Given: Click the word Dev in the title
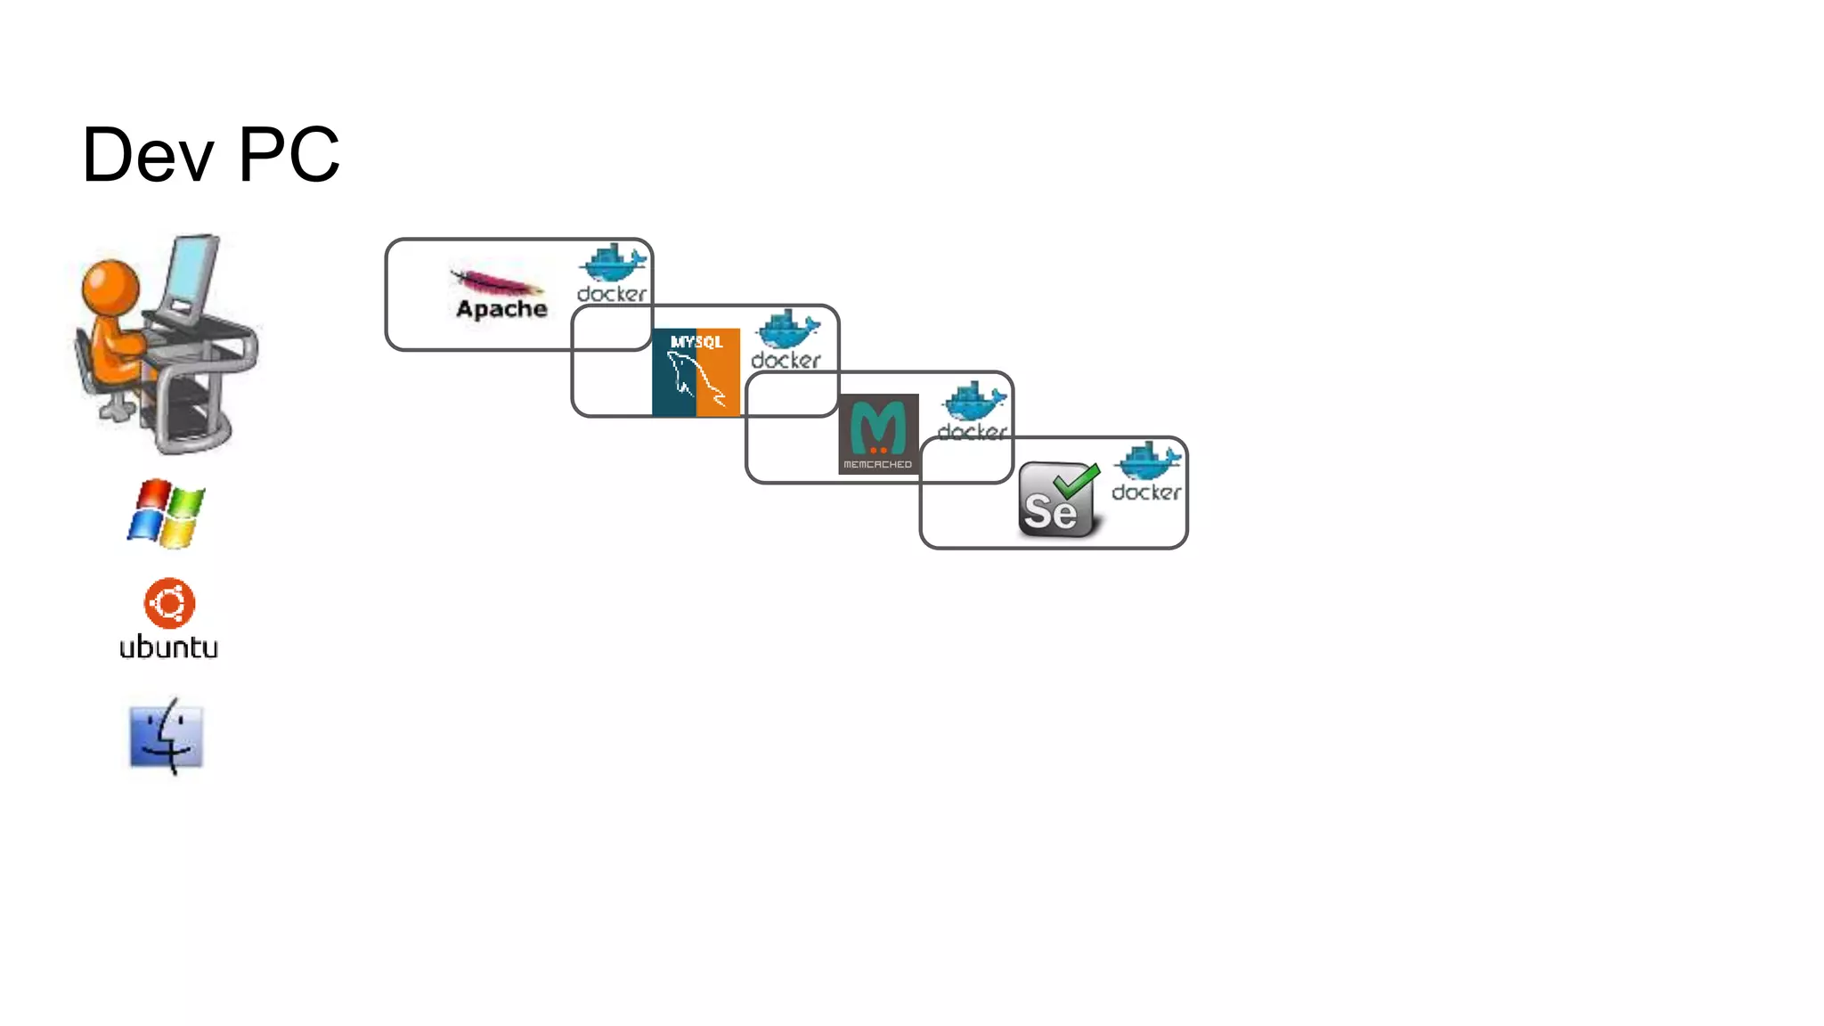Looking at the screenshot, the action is (148, 155).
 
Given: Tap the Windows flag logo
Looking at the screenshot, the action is (166, 513).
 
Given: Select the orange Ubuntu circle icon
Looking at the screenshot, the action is (169, 603).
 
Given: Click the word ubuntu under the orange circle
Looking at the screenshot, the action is (168, 647).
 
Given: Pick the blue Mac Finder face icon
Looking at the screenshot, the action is (167, 737).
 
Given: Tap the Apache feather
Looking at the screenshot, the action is (496, 283).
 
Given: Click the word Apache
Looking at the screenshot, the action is (501, 309).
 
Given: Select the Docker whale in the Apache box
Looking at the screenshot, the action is (613, 263).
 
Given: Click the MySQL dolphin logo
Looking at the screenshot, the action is (696, 372).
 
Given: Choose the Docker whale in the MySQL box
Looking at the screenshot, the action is (787, 330).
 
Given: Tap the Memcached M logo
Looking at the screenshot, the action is (878, 434).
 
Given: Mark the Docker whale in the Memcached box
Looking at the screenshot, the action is (974, 402).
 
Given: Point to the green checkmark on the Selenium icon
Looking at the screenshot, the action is (1077, 482).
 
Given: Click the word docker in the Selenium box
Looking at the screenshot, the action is (1146, 493).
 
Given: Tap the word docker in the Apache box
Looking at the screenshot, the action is (612, 294).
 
